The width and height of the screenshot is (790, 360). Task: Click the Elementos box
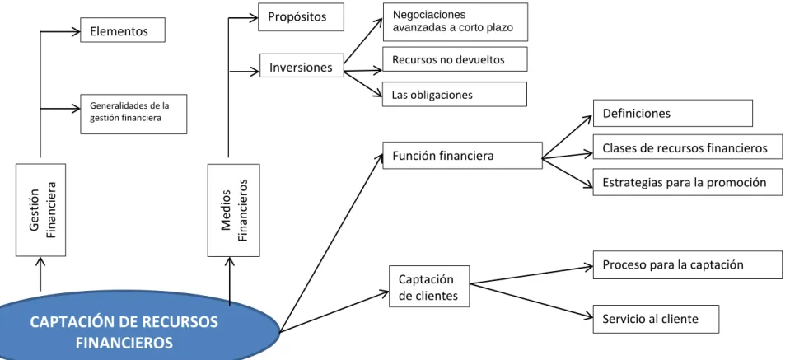pos(123,30)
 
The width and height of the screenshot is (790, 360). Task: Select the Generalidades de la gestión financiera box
pos(133,114)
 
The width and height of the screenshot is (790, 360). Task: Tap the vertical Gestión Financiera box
pos(41,210)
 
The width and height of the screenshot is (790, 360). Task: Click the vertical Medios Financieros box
pos(234,210)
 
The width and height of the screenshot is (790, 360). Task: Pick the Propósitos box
pos(301,17)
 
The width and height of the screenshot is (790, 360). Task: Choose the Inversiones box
pos(302,65)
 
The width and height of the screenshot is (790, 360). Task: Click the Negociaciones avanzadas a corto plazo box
pos(456,21)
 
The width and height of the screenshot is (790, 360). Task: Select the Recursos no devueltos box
pos(455,59)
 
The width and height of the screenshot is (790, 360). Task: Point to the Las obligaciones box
pos(455,94)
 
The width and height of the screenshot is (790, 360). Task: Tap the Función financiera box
pos(462,155)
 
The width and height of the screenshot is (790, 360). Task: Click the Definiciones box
pos(672,113)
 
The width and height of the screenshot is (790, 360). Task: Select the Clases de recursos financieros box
pos(688,147)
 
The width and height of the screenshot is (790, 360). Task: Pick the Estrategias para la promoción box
pos(688,182)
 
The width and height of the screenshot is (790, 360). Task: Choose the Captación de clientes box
pos(429,286)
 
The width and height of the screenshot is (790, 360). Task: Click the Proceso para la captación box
pos(688,264)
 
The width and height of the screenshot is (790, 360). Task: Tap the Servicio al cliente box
pos(656,319)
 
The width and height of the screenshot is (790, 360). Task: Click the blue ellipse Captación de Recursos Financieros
pos(138,327)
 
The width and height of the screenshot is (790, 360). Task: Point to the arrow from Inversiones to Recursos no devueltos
pos(363,71)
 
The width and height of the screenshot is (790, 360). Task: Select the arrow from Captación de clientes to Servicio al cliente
pos(531,301)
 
